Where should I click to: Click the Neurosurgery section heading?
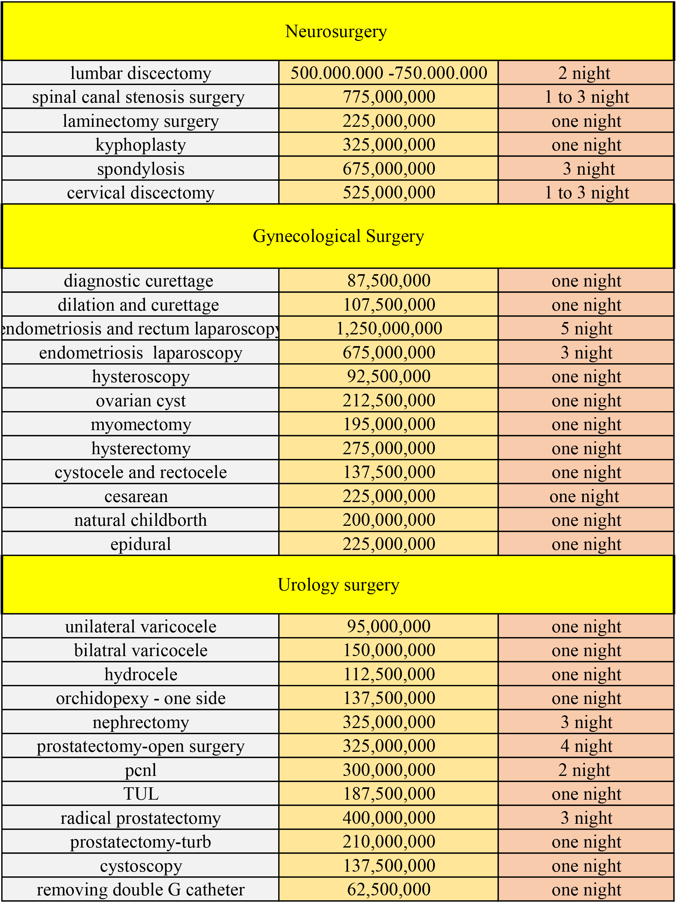point(336,31)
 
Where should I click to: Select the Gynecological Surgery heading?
point(338,236)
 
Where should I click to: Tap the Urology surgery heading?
point(338,584)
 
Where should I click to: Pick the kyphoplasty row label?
point(141,145)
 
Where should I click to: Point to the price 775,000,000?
point(389,97)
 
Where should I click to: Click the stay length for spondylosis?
point(588,169)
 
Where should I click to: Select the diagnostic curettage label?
point(139,281)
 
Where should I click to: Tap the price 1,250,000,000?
point(389,329)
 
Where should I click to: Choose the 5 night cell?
point(586,329)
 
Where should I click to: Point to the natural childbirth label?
point(141,520)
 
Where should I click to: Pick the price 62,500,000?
point(389,889)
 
